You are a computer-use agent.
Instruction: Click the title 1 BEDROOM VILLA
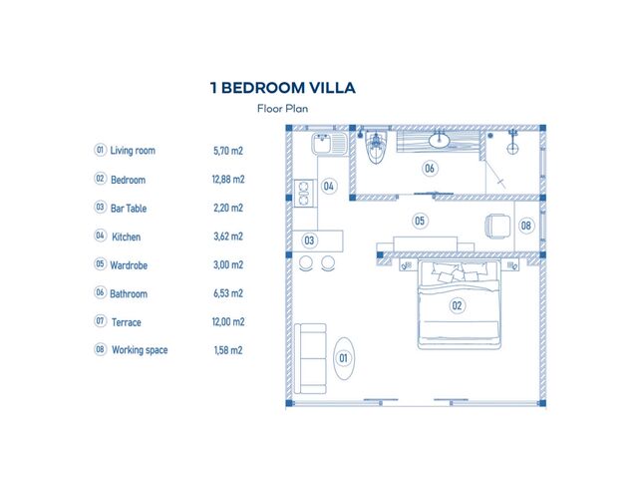pos(283,88)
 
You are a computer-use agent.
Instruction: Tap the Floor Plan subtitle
pos(283,109)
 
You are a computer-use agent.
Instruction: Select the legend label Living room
pos(133,151)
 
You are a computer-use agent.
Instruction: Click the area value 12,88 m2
pos(228,180)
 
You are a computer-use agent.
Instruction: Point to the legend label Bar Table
pos(129,209)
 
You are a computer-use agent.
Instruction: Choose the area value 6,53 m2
pos(228,293)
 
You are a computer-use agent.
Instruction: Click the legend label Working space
pos(140,350)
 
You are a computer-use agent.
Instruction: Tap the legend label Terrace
pos(127,322)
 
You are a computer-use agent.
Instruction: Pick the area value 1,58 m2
pos(228,350)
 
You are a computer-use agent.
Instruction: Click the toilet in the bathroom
pos(376,148)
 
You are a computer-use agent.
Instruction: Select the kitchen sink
pos(330,144)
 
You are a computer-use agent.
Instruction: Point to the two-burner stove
pos(304,193)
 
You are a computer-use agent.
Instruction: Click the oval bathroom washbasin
pos(439,141)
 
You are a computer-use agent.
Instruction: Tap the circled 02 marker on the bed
pos(457,305)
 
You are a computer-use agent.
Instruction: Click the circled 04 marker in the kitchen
pos(328,187)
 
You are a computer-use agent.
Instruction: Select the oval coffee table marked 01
pos(344,358)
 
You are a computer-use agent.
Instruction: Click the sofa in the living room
pos(310,358)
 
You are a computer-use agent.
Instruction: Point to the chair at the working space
pos(497,227)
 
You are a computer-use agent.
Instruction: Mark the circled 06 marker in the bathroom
pos(430,169)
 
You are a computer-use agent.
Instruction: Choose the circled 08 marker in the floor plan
pos(525,226)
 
